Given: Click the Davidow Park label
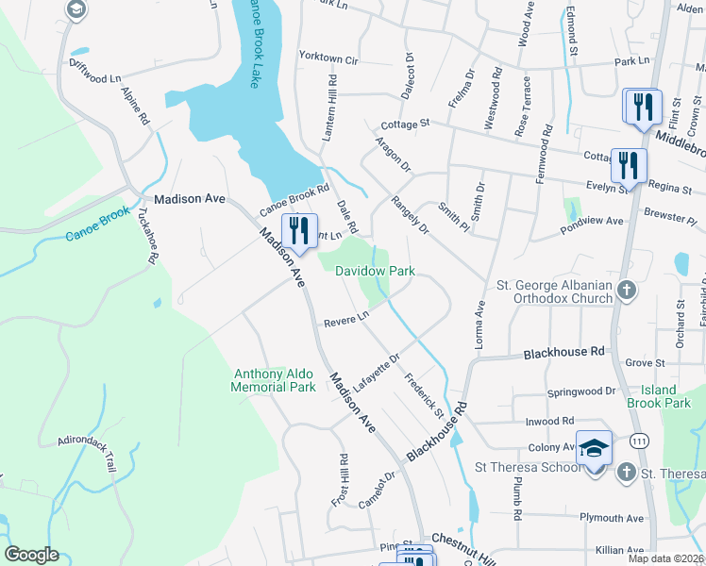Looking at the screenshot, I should tap(375, 271).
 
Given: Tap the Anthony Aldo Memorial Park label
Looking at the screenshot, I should tap(275, 380).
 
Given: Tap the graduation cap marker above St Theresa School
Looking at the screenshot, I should tap(595, 447).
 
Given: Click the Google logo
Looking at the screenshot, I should tap(31, 555).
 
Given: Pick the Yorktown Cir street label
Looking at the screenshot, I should tap(328, 59).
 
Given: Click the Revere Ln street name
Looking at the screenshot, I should tap(345, 321).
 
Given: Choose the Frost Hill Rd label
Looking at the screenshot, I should tap(342, 479).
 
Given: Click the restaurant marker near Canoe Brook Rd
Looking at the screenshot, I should tap(299, 230).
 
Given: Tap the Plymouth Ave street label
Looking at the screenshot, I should tap(611, 518).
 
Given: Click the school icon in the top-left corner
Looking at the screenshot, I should tap(76, 9).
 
